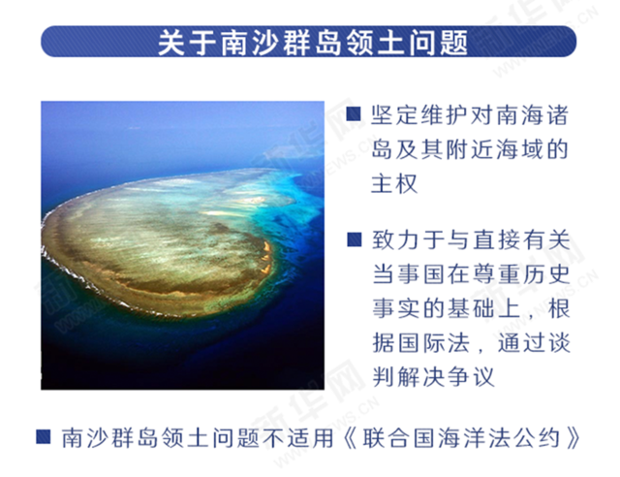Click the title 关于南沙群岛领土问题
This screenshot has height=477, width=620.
pyautogui.click(x=310, y=42)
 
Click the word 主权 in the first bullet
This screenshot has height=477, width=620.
pyautogui.click(x=394, y=182)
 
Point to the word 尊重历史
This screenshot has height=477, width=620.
pyautogui.click(x=518, y=270)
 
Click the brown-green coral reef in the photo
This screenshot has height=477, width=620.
pyautogui.click(x=155, y=242)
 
